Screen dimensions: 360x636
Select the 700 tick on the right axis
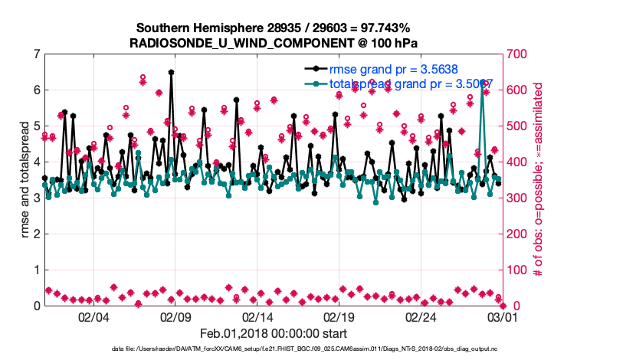pos(520,54)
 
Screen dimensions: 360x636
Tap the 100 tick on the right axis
pos(520,270)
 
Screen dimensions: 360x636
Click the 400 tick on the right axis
pos(520,162)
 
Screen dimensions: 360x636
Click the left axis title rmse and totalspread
pos(24,180)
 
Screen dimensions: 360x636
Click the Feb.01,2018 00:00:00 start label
pos(274,333)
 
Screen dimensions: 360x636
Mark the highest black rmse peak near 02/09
pos(171,72)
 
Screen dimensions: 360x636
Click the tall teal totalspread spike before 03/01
pos(482,80)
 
